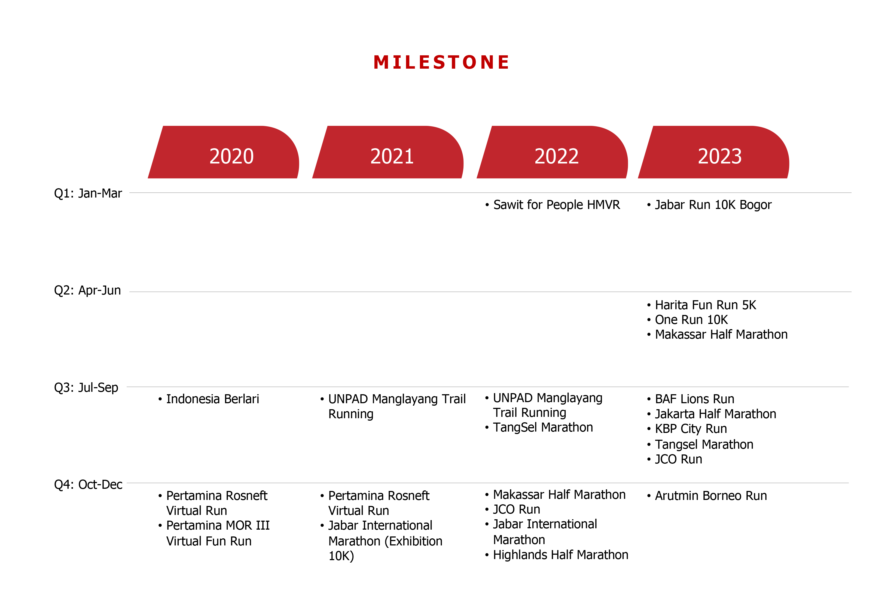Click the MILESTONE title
coord(441,62)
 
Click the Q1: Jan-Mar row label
coord(88,193)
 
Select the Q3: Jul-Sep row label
coord(86,387)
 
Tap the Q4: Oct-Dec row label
coord(88,485)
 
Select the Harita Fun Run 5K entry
coord(705,305)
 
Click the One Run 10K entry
coord(691,320)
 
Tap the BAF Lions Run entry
coord(694,399)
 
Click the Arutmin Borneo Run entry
coord(710,496)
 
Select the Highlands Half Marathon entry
coord(560,555)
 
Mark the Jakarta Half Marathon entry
coord(715,414)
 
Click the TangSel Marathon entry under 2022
coord(543,427)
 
